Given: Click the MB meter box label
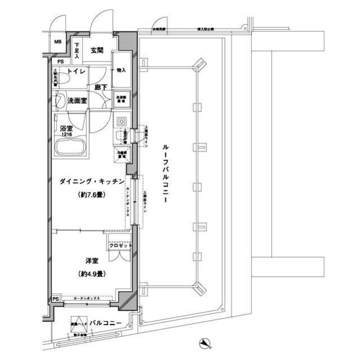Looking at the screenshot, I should point(58,42).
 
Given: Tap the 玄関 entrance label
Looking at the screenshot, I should point(96,51).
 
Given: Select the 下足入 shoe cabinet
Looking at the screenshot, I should point(78,50).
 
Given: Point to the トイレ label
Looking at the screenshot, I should point(76,72).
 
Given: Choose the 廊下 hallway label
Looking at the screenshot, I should point(101,88).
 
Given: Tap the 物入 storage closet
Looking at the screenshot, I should point(121,70).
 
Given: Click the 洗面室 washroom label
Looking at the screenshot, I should point(77,101).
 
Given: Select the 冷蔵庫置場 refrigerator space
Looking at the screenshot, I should point(121,153).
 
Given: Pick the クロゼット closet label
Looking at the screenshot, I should point(120,246).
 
